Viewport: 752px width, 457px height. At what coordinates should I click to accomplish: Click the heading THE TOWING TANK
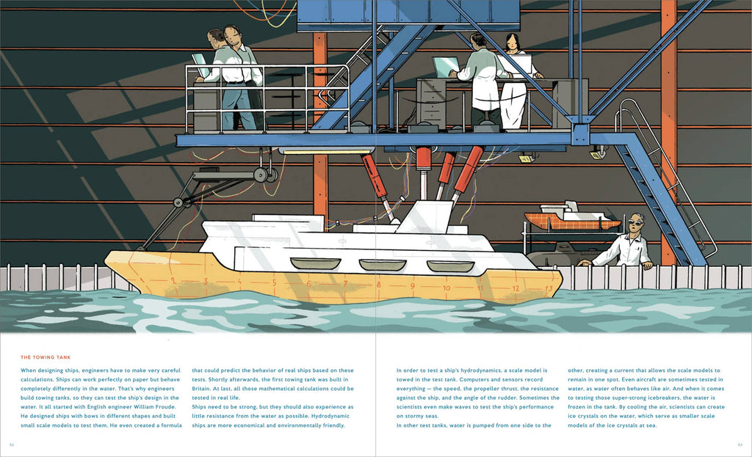pyautogui.click(x=46, y=357)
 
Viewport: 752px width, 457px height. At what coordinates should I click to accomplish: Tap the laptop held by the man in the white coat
pyautogui.click(x=445, y=67)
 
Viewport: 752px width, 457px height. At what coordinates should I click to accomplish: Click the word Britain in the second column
pyautogui.click(x=203, y=389)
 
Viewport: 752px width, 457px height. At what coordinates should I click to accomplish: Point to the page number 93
pyautogui.click(x=740, y=445)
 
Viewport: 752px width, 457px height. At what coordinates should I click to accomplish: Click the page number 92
pyautogui.click(x=12, y=445)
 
